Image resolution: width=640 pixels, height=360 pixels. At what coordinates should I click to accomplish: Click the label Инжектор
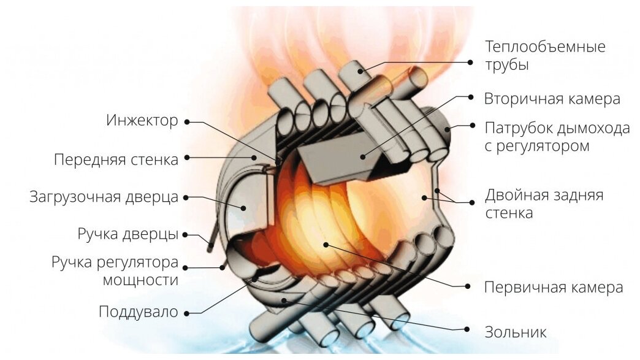click(x=142, y=120)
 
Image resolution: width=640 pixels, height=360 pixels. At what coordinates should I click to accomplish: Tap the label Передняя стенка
click(x=116, y=159)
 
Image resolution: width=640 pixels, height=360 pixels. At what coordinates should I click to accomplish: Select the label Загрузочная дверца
click(x=104, y=197)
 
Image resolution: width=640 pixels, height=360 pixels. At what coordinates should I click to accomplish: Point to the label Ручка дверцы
click(x=128, y=234)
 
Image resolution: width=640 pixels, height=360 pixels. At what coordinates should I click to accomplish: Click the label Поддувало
click(x=138, y=312)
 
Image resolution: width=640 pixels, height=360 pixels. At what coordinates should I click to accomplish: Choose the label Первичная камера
click(x=553, y=286)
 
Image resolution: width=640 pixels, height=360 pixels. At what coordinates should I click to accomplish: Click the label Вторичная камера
click(x=552, y=98)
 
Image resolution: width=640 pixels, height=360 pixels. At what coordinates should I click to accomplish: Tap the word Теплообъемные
click(x=545, y=47)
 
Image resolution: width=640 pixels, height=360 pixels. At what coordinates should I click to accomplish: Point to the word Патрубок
click(x=519, y=128)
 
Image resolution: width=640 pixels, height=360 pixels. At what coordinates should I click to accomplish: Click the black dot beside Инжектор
click(x=187, y=121)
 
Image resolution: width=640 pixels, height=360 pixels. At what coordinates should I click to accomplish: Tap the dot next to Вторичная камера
click(x=470, y=98)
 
